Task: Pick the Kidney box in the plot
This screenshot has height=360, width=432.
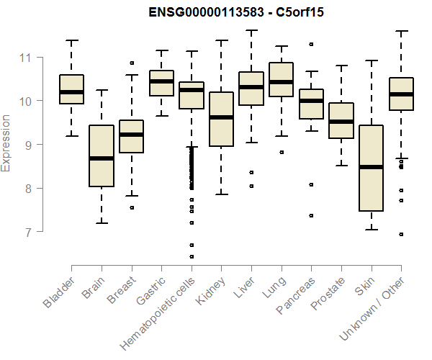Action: click(x=221, y=119)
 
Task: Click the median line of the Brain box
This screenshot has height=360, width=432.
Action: click(x=102, y=158)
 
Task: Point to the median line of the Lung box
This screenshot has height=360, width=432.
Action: click(x=282, y=82)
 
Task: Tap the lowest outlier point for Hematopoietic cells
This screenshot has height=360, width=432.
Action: click(x=192, y=256)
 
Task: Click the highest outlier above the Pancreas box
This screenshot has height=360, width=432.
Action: click(x=312, y=44)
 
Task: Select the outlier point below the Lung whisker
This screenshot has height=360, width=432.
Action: click(x=282, y=152)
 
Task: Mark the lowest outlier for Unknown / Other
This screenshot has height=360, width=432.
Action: click(x=401, y=234)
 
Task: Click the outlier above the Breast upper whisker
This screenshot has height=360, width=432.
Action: click(x=132, y=63)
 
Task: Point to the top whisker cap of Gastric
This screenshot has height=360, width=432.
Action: click(x=161, y=50)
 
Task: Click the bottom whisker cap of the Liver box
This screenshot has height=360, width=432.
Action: click(x=251, y=143)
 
